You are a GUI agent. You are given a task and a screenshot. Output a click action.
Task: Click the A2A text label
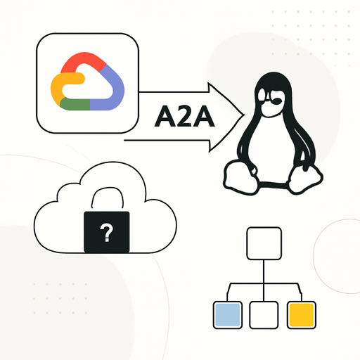[184, 116]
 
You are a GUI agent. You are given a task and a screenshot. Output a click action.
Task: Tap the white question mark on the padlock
[107, 233]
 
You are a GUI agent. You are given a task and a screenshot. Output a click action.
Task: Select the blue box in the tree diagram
[228, 315]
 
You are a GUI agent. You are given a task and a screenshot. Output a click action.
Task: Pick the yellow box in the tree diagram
[302, 315]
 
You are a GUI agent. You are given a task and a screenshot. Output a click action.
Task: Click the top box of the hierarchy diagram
[264, 243]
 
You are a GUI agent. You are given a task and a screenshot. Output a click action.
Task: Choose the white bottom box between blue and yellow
[264, 315]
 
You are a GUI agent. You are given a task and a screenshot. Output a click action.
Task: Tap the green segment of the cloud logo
[75, 104]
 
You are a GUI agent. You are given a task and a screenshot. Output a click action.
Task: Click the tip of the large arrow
[245, 115]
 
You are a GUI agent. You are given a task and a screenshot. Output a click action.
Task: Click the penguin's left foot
[240, 177]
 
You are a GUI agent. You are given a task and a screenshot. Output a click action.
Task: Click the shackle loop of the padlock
[108, 188]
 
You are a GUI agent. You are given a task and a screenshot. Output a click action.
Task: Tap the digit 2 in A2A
[184, 116]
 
